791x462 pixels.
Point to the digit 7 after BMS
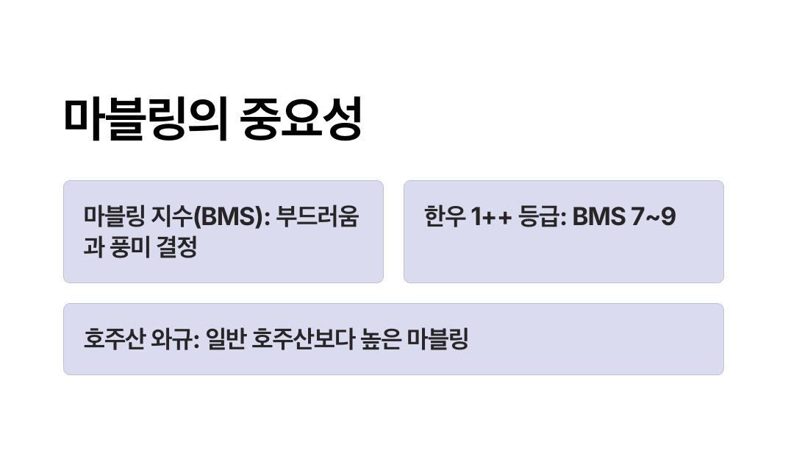pos(637,218)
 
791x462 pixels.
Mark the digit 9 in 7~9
pos(667,218)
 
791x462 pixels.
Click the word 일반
pos(226,340)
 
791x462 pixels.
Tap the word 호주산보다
pos(298,340)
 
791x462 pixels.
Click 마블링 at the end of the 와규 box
pos(438,340)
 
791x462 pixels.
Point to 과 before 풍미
pos(94,248)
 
